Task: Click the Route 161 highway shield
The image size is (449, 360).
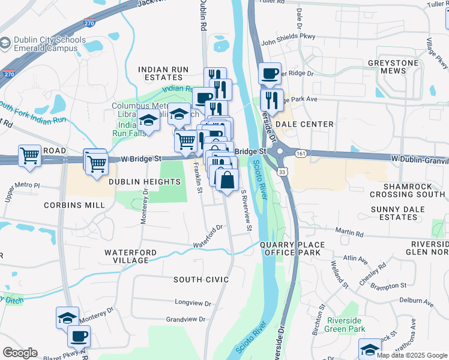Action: [x=298, y=154]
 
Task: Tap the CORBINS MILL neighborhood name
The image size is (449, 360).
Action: [x=74, y=205]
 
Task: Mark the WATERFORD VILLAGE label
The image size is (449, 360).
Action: [x=131, y=256]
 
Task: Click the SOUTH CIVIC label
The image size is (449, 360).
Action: [x=201, y=280]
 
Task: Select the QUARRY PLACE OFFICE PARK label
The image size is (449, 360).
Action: [x=292, y=248]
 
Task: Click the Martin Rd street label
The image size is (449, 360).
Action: [x=350, y=232]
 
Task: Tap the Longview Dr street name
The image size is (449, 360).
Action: [x=193, y=303]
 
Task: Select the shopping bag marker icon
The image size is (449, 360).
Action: [x=227, y=180]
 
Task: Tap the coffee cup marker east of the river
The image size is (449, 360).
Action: [x=270, y=74]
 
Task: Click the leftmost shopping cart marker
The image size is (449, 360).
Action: [x=29, y=156]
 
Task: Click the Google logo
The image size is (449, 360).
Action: [x=20, y=353]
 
